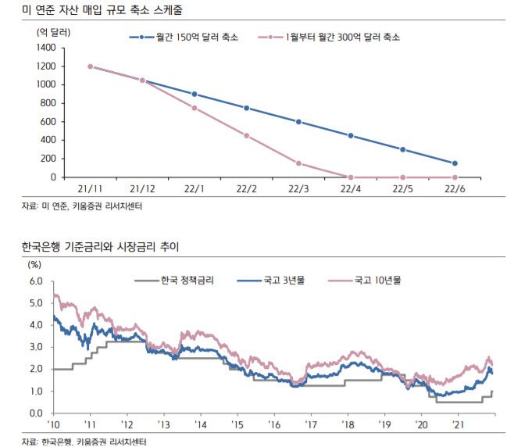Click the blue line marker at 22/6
(x=455, y=163)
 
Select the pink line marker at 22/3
(x=298, y=163)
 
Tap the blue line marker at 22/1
(x=195, y=94)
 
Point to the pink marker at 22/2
(x=247, y=135)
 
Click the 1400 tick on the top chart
(x=45, y=48)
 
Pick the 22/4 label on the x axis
(x=351, y=189)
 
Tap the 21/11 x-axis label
(x=91, y=189)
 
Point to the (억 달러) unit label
(x=53, y=31)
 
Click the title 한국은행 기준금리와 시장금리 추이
(x=101, y=248)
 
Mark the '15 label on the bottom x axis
(x=236, y=424)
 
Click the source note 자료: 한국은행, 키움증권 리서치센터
(x=84, y=442)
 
